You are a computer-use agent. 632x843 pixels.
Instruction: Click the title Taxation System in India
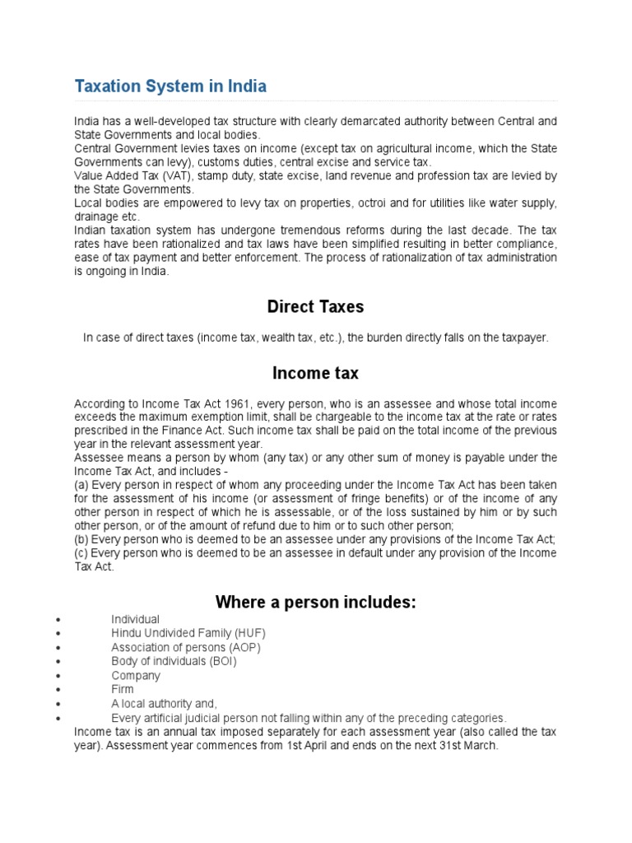[x=170, y=86]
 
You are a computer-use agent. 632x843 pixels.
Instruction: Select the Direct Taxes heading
[x=315, y=307]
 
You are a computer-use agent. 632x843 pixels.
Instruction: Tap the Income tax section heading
[x=315, y=373]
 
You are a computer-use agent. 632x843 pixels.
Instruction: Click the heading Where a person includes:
[x=315, y=603]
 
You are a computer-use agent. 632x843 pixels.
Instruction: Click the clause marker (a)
[x=81, y=485]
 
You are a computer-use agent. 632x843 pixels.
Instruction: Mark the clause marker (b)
[x=81, y=539]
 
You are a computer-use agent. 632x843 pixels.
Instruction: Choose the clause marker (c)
[x=81, y=552]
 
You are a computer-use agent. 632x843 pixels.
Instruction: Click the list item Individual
[x=136, y=619]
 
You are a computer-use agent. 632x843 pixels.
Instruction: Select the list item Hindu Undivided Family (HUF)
[x=188, y=633]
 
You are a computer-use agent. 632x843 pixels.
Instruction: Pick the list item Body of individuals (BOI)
[x=174, y=661]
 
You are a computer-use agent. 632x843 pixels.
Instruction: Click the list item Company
[x=136, y=675]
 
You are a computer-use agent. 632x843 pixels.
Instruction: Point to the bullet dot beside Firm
[x=58, y=690]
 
